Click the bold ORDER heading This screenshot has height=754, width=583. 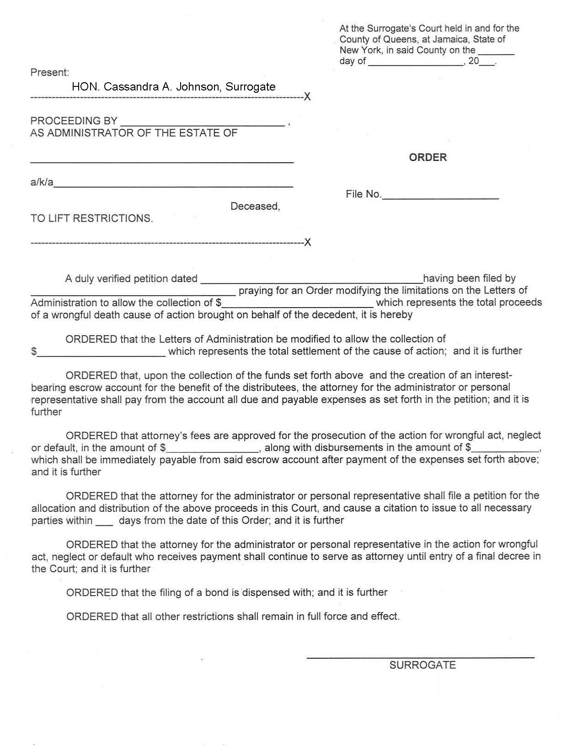tap(428, 157)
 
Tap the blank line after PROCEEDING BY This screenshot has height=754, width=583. tap(202, 122)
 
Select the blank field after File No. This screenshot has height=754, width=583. tap(440, 195)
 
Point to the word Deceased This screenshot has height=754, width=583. tap(255, 206)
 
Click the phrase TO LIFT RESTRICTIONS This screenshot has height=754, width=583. tap(91, 218)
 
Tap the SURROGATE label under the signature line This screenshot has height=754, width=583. tap(422, 665)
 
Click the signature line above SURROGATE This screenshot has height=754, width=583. tap(420, 656)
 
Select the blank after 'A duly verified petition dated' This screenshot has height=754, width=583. tap(311, 279)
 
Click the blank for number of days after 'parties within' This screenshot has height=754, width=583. tap(104, 522)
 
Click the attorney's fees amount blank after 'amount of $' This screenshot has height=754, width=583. tap(213, 449)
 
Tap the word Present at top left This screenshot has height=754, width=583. tap(49, 72)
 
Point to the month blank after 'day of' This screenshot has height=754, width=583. tap(416, 62)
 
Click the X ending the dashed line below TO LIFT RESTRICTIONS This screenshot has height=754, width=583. tap(308, 242)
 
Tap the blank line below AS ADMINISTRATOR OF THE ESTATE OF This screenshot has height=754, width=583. tap(162, 160)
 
